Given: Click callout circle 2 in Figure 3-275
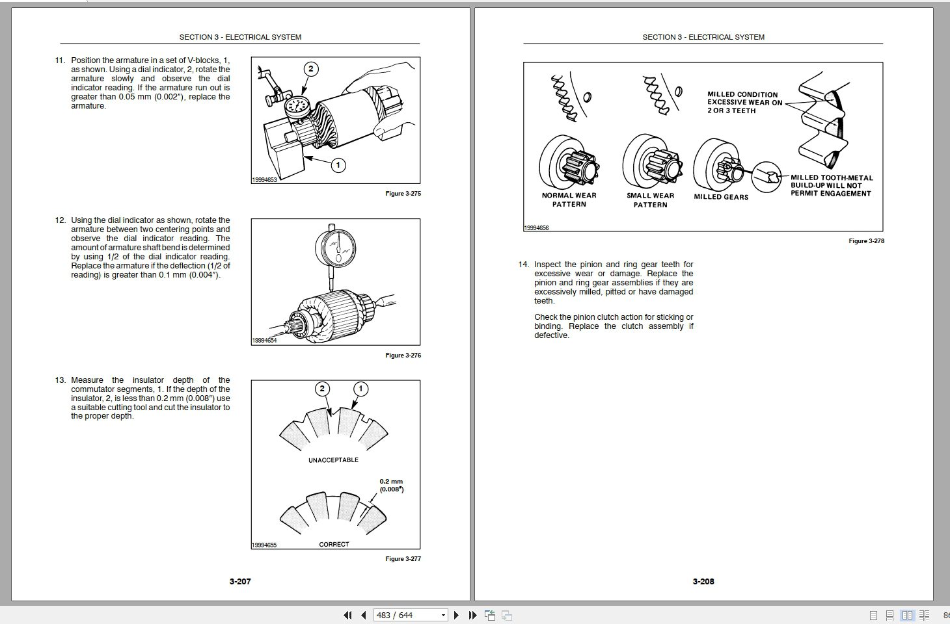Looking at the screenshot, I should click(x=311, y=69).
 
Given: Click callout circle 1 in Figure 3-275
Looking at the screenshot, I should click(x=338, y=165).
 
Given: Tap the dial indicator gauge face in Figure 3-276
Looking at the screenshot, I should click(x=335, y=246).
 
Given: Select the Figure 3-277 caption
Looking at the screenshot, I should click(x=403, y=559).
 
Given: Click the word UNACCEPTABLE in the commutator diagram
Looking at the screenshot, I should click(x=333, y=460).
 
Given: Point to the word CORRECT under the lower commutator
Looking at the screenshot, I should click(x=334, y=544).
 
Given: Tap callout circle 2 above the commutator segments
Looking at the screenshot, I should click(x=322, y=389).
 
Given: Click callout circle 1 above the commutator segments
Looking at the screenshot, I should click(x=360, y=389).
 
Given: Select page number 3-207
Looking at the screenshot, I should click(x=240, y=581).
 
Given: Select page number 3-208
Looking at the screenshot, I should click(x=703, y=581).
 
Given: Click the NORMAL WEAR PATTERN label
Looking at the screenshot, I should click(x=569, y=200).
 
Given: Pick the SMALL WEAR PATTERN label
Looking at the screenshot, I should click(x=650, y=200).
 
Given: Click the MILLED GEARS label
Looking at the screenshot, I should click(x=721, y=197).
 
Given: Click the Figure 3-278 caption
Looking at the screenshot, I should click(x=866, y=241).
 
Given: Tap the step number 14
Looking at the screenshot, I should click(x=523, y=265).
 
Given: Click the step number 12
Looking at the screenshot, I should click(x=60, y=220).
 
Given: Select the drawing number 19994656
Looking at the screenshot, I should click(x=536, y=228).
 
